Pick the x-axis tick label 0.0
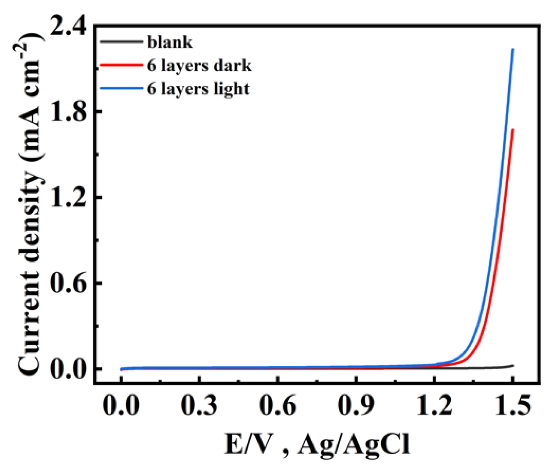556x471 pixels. coord(121,406)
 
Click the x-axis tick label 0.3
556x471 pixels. coord(199,406)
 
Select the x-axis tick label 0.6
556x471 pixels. coord(278,406)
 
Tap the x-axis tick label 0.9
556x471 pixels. coord(356,406)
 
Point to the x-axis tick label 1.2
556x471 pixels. coord(434,406)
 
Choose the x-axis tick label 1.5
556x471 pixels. coord(513,406)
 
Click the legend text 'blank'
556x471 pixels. coord(170,42)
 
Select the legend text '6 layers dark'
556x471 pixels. coord(199,65)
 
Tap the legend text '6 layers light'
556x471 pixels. coord(198,89)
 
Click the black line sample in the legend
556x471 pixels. coord(121,41)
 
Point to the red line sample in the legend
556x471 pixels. coord(121,65)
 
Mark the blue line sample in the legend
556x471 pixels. coord(121,88)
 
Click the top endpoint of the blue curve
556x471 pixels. coord(513,49)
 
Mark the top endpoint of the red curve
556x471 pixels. coord(513,130)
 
